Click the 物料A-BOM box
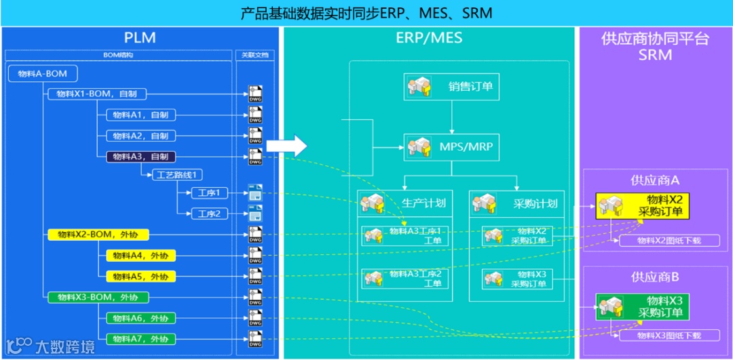tap(42, 73)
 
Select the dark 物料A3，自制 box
tap(140, 157)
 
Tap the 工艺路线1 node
tap(180, 175)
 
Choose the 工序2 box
tap(209, 214)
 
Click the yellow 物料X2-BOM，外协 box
tap(98, 235)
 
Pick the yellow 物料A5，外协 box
tap(140, 276)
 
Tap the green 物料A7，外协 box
tap(140, 338)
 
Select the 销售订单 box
tap(451, 87)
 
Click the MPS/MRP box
tap(451, 146)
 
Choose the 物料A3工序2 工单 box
tap(406, 278)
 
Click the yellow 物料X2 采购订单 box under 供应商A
tap(643, 205)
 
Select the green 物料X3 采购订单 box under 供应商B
tap(643, 306)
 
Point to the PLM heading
tap(140, 38)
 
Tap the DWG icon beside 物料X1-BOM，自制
tap(255, 94)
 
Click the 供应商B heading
tap(655, 277)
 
